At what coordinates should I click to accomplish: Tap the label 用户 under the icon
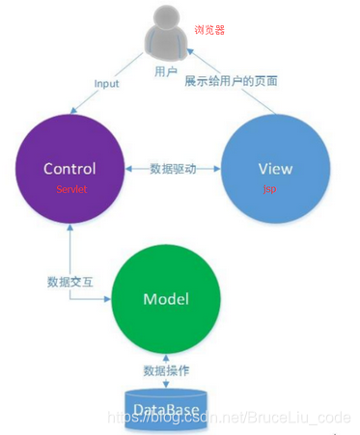(166, 71)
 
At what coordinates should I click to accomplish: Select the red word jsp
(269, 189)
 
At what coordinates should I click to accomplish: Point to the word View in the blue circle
(275, 169)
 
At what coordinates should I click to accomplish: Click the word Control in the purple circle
(69, 169)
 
